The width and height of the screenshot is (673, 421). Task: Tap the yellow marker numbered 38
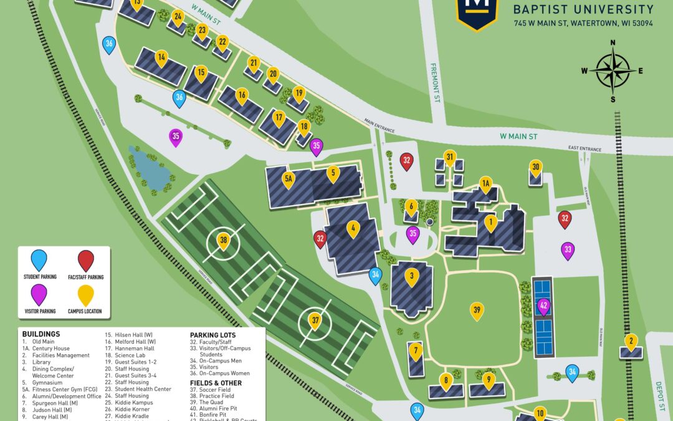(x=224, y=240)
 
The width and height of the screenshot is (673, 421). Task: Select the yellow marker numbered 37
(x=315, y=321)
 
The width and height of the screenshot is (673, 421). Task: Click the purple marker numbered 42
(x=543, y=306)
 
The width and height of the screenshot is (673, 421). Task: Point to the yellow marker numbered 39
(x=477, y=310)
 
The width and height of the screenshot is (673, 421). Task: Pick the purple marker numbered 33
(x=568, y=249)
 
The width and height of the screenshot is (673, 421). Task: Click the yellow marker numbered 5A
(x=288, y=180)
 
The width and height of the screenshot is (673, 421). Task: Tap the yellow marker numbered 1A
(x=486, y=183)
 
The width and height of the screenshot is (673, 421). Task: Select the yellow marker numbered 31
(x=450, y=157)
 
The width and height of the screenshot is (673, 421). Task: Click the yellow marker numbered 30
(x=535, y=167)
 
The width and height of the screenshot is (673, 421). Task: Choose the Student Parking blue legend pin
(x=39, y=259)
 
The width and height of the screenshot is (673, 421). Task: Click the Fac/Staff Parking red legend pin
(x=86, y=259)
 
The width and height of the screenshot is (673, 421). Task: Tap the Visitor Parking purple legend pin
(x=39, y=293)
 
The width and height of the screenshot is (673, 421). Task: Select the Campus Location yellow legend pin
(x=86, y=293)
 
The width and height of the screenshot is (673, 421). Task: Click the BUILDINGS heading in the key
(x=41, y=334)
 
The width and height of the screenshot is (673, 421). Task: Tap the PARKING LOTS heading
(x=212, y=334)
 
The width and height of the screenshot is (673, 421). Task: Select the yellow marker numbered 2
(x=631, y=341)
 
